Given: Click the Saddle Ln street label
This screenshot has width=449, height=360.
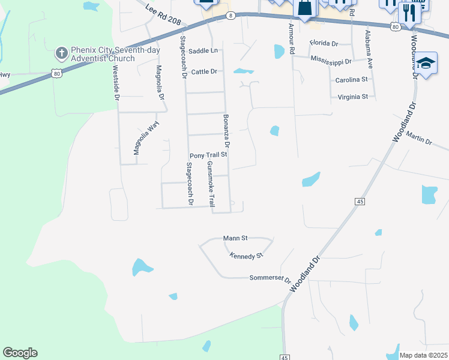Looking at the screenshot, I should tap(202, 51).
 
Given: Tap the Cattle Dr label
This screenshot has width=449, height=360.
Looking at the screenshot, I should tap(203, 71).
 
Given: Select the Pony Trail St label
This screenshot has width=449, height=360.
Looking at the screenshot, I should tap(207, 155).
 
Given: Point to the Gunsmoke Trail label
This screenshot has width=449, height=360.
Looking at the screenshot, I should tap(211, 184).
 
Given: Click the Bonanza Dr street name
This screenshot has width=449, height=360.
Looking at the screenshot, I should tap(227, 132).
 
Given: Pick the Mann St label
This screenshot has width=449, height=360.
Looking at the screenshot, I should tap(235, 238).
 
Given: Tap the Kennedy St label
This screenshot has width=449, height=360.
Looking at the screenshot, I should tap(246, 256).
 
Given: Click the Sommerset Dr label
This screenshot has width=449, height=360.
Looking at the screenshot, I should tap(270, 279).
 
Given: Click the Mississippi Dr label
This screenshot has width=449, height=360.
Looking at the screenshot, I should tap(331, 61).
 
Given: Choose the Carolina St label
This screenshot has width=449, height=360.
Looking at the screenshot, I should tap(351, 79).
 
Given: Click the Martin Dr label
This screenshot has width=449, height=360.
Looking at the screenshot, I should tap(418, 139).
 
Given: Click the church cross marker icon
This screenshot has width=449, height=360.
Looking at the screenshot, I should tap(61, 53).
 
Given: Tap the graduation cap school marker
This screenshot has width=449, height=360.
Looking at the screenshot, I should tap(426, 62).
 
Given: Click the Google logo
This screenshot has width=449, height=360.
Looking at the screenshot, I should tap(20, 353).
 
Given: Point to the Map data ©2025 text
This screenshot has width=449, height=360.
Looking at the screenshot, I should tap(423, 355).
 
